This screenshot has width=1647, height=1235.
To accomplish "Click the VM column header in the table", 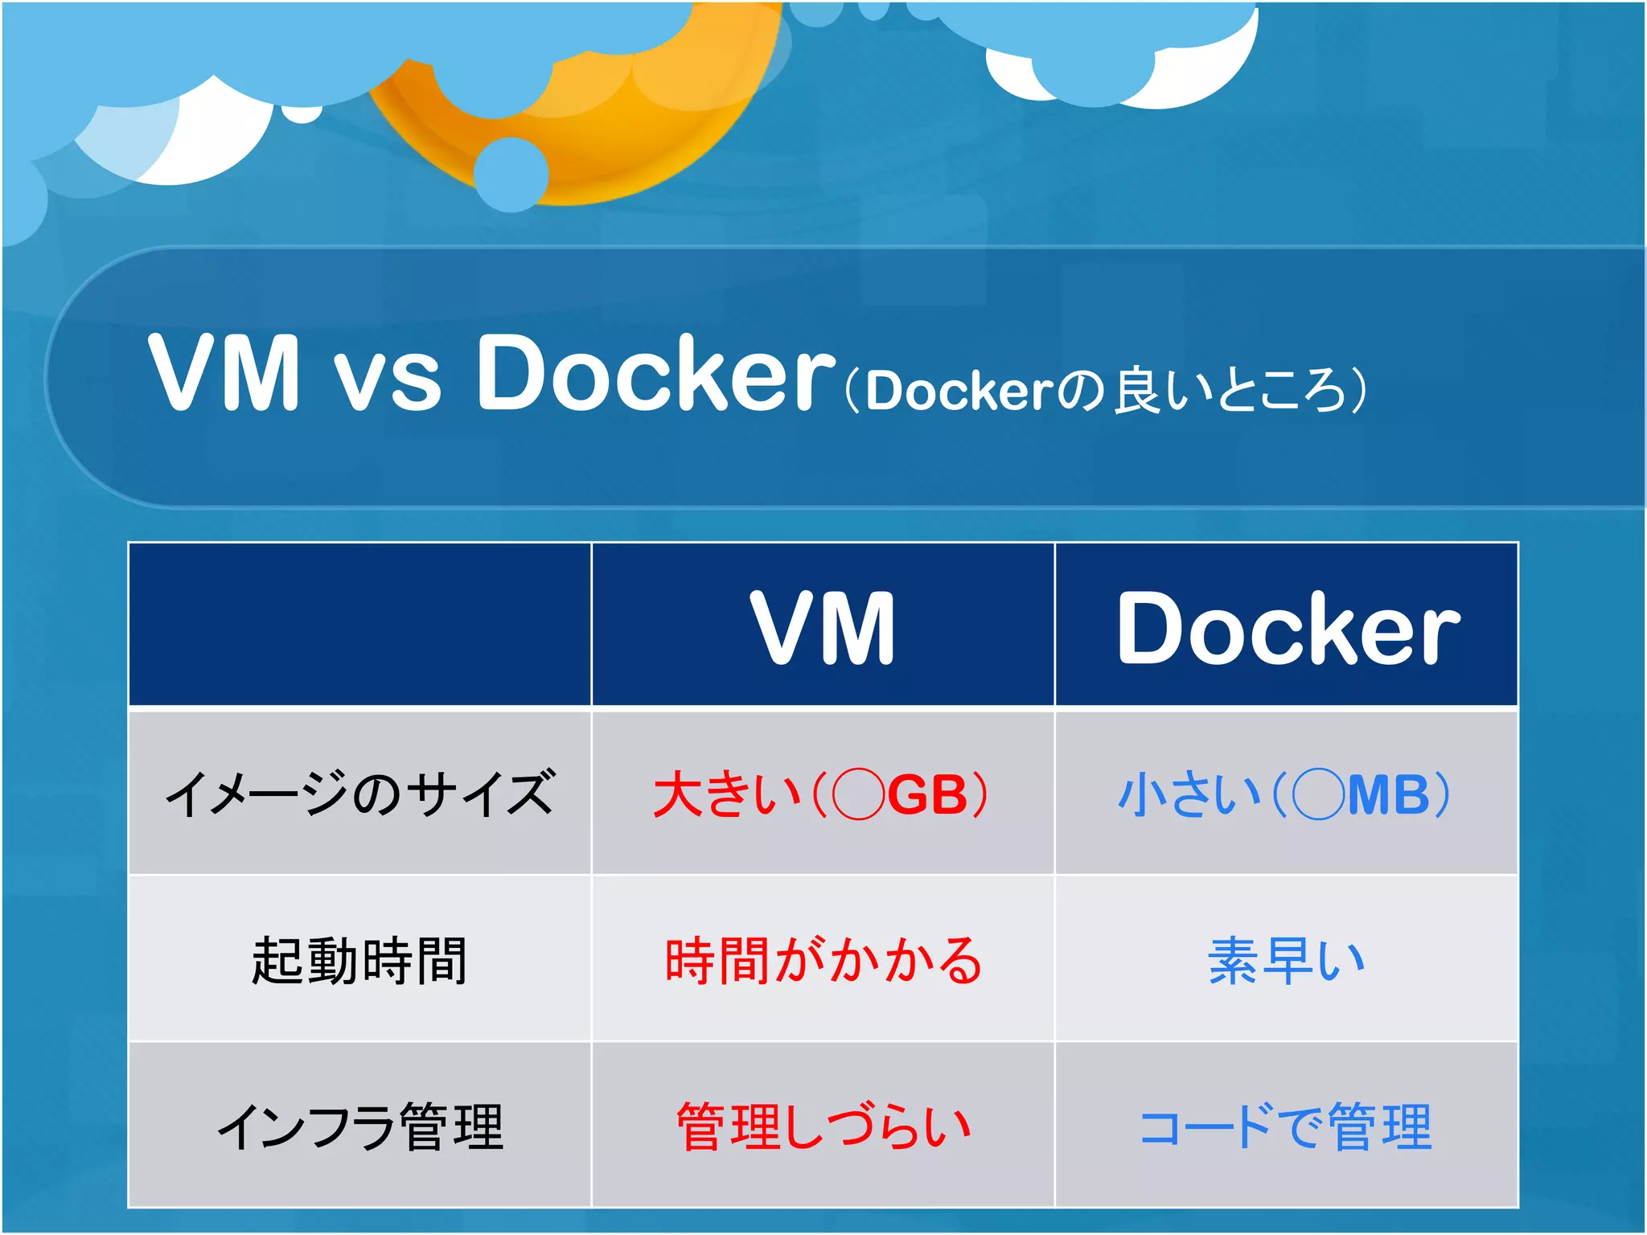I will point(822,627).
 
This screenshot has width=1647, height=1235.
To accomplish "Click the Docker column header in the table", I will point(1287,627).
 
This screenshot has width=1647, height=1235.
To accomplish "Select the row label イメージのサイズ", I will point(359,794).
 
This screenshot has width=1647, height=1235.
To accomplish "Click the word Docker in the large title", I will point(655,372).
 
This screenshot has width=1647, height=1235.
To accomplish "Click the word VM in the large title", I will point(224,372).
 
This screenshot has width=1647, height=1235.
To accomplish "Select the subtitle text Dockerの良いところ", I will point(1106,391).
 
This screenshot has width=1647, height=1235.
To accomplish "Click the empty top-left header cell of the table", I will point(359,625).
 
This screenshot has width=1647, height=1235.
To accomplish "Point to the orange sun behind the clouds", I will point(611,137).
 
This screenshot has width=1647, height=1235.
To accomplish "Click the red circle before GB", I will point(858,794).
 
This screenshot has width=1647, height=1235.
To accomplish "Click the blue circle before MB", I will point(1318,794).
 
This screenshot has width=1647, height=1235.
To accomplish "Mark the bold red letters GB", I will point(926,795).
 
